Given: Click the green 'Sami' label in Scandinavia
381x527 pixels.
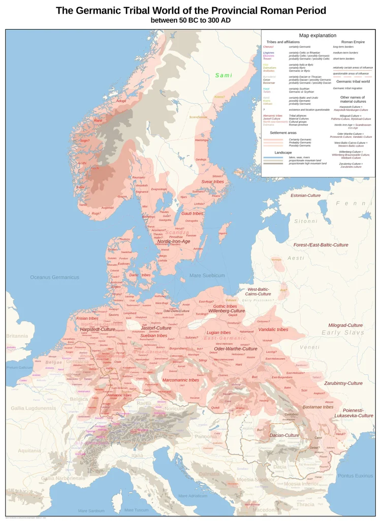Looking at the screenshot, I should click(224, 75).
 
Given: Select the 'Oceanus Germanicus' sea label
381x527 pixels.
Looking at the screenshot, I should click(54, 277).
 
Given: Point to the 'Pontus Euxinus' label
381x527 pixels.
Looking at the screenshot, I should click(355, 476).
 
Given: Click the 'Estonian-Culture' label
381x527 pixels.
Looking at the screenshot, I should click(305, 195).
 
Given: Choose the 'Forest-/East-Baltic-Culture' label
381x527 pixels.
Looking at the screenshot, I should click(321, 245).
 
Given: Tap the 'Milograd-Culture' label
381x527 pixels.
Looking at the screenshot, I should click(345, 325).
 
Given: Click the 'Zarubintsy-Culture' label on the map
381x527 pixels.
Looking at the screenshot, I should click(343, 383).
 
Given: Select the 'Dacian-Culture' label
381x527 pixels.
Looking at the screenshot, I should click(284, 435).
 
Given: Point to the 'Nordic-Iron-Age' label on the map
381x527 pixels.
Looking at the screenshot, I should click(174, 241).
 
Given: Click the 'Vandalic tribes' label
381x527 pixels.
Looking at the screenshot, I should click(273, 330).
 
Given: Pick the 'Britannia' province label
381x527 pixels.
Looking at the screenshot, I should click(17, 336).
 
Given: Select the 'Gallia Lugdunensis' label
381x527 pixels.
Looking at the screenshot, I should click(34, 408).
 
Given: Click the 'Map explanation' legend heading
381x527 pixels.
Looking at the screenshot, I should click(317, 36).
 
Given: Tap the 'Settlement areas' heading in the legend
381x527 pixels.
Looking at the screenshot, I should click(283, 132).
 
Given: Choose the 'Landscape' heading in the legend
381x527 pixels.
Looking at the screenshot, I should click(283, 152).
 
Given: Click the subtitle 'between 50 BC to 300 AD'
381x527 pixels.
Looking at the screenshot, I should click(190, 20).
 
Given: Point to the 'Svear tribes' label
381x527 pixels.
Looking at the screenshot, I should click(212, 182).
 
